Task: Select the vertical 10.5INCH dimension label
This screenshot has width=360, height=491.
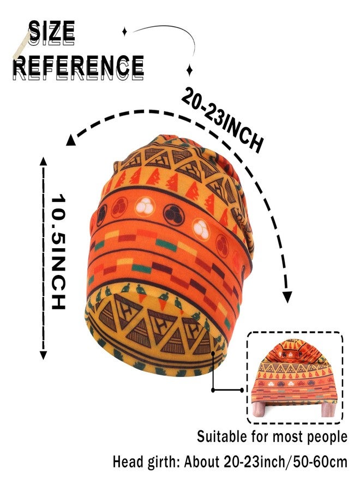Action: coord(58,252)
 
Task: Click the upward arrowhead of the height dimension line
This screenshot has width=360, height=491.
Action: coord(43,161)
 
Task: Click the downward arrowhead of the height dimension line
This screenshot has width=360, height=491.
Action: coord(43,355)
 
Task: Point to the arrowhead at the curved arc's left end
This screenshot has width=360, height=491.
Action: coord(70,140)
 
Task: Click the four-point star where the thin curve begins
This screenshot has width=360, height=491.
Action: coord(124,31)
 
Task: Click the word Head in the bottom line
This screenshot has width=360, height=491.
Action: coord(127,462)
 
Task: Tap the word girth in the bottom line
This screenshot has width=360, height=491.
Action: coord(162,462)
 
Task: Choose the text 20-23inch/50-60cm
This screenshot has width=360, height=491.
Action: coord(285,462)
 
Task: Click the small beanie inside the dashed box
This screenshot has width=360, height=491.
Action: coord(294,378)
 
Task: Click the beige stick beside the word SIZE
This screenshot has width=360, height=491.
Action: coord(22,45)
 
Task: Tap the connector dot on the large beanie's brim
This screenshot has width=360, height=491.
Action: coord(213,354)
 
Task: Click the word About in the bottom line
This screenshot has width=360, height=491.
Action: coord(202,462)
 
